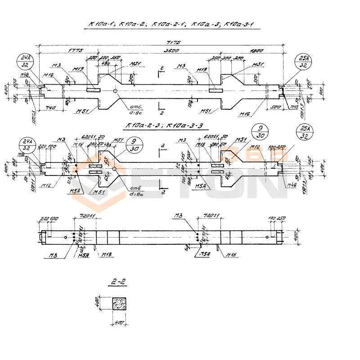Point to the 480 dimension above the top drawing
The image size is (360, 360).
pyautogui.click(x=105, y=63)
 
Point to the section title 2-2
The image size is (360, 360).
pyautogui.click(x=116, y=283)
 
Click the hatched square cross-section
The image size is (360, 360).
pyautogui.click(x=120, y=304)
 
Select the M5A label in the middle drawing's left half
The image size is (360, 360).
pyautogui.click(x=76, y=191)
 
